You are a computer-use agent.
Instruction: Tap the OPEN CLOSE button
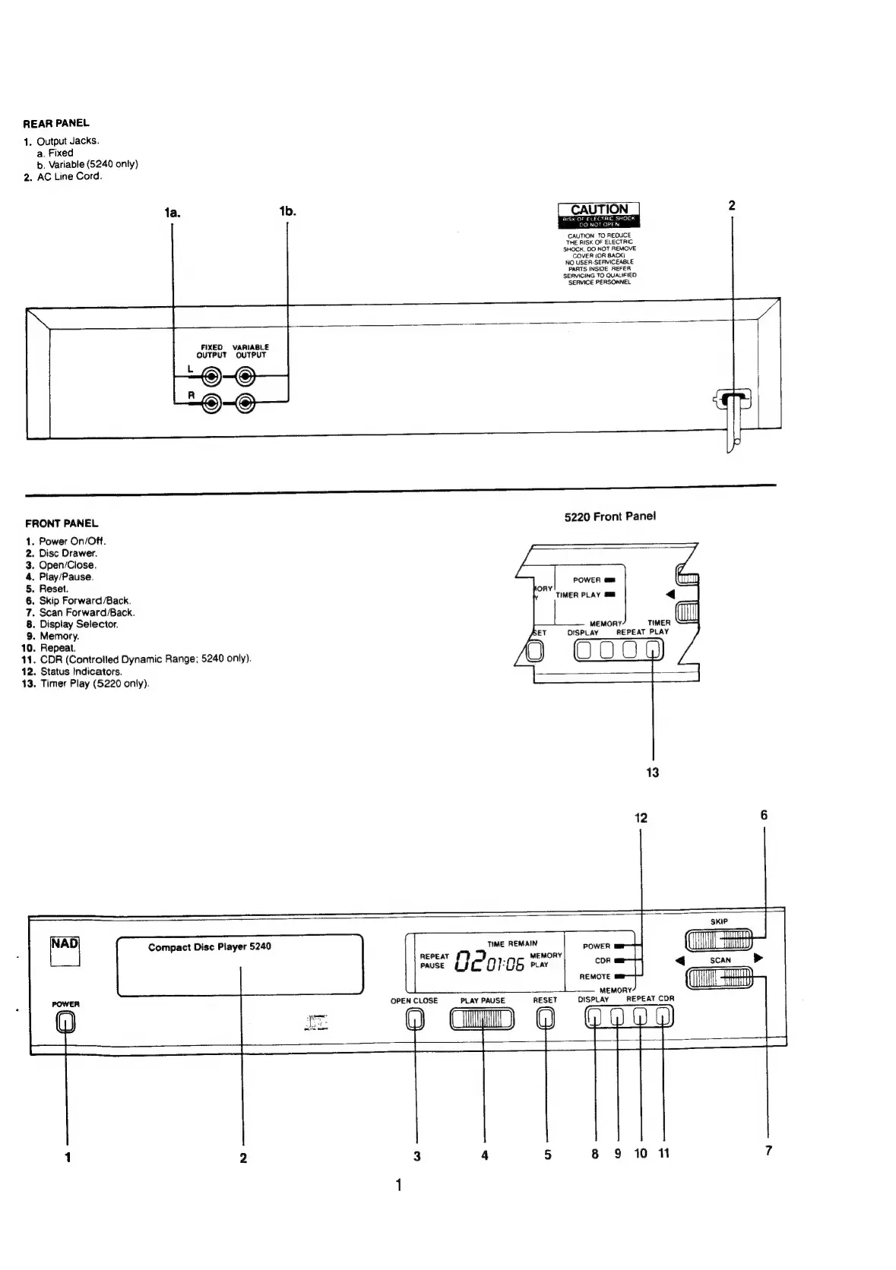click(415, 1019)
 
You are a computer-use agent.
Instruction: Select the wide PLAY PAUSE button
click(482, 1019)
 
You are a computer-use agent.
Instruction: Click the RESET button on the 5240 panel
click(546, 1019)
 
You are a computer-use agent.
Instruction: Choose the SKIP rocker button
click(718, 940)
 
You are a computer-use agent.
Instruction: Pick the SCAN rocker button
click(718, 978)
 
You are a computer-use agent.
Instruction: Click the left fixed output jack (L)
click(212, 376)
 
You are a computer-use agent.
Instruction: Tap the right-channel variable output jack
click(245, 403)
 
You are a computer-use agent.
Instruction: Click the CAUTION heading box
click(599, 210)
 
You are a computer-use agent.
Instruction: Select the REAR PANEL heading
click(56, 123)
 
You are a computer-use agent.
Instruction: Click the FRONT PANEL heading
click(62, 523)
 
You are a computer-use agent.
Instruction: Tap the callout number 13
click(652, 772)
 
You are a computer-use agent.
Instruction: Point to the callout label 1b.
click(287, 212)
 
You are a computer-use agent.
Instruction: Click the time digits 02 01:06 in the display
click(489, 963)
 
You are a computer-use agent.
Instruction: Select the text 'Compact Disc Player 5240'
click(209, 946)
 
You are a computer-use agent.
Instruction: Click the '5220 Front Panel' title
click(609, 517)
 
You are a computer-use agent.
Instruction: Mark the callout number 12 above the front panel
click(641, 818)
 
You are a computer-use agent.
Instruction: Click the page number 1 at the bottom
click(398, 1185)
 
